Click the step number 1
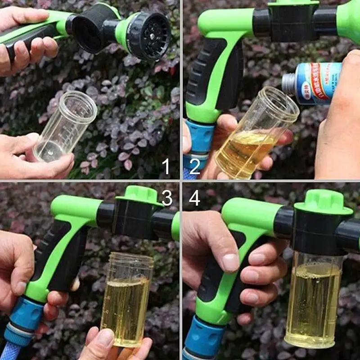click(x=166, y=166)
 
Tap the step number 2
click(x=194, y=166)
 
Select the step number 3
click(x=167, y=198)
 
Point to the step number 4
click(x=194, y=198)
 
